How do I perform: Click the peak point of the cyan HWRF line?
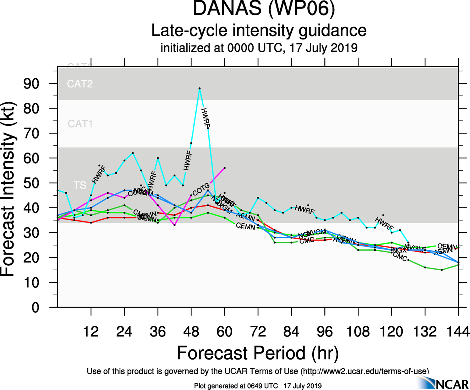click(200, 88)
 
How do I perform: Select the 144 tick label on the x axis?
click(458, 331)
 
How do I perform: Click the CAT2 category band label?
click(80, 84)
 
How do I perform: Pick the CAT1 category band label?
click(80, 123)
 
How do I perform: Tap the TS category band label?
click(80, 185)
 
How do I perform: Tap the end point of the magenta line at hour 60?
click(225, 168)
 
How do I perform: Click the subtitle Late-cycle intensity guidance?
click(259, 31)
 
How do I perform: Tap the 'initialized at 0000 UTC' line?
click(259, 49)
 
